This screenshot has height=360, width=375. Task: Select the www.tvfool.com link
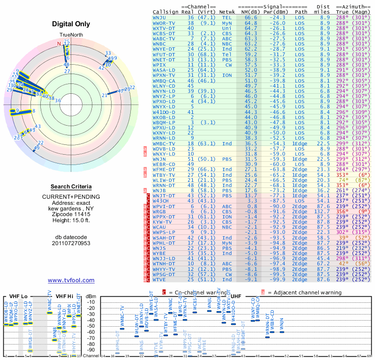point(71,280)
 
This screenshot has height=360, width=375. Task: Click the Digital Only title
point(71,24)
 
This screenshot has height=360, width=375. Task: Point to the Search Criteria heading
point(71,186)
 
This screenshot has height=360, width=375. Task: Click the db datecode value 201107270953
point(71,243)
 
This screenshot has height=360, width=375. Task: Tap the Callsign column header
point(165,11)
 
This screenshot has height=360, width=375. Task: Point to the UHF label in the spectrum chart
point(236,296)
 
